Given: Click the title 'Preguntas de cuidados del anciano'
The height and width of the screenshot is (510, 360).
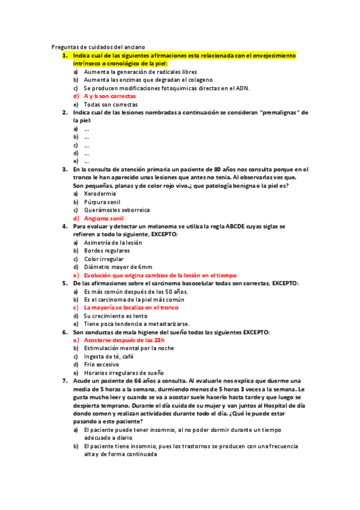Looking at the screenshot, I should tap(99, 47).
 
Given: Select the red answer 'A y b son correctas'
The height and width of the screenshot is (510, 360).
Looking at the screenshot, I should tap(109, 96).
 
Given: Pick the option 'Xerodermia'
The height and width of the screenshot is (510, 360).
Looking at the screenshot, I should tap(100, 194).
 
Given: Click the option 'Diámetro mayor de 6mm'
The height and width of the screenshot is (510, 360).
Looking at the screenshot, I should tap(118, 267).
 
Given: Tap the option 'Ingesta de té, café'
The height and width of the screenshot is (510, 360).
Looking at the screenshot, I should tap(109, 356).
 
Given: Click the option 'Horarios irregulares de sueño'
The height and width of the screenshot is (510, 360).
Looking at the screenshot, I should tap(124, 372).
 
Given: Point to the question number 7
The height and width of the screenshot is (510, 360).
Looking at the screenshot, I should tap(65, 381).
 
